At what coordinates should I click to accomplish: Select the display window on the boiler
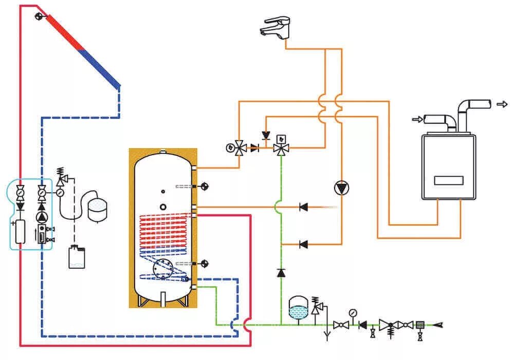click(448, 181)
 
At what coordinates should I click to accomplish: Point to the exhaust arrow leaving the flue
click(502, 104)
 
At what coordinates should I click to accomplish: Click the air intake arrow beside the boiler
click(416, 120)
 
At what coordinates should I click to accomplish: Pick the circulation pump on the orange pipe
click(341, 188)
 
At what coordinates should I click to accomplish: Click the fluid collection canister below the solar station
click(76, 257)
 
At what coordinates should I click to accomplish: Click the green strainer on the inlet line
click(420, 325)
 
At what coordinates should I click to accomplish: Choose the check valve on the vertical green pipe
click(281, 272)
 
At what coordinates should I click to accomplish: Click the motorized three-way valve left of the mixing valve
click(240, 148)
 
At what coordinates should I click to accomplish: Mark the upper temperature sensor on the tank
click(204, 186)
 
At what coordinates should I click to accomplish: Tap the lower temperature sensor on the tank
click(204, 264)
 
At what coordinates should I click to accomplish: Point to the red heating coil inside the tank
click(164, 226)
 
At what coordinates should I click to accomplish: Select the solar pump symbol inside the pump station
click(41, 217)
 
